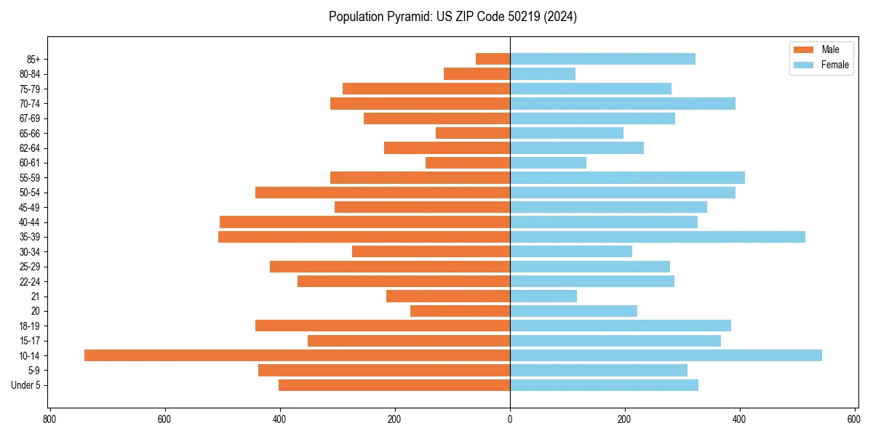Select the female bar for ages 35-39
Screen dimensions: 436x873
658,237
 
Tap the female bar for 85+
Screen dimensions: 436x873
602,59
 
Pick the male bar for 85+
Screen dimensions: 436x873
493,59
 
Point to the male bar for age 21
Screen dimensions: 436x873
448,296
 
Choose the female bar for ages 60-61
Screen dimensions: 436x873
548,163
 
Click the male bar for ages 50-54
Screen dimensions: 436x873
383,193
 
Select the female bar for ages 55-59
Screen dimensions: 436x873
627,177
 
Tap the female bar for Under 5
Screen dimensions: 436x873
604,385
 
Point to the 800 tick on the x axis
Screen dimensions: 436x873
49,419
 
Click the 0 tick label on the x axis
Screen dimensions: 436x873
510,419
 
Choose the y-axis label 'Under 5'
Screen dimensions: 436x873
25,385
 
